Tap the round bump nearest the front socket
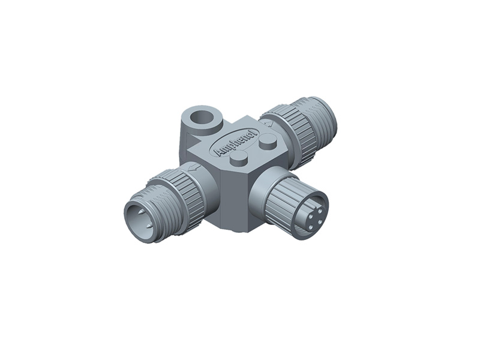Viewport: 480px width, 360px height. point(240,157)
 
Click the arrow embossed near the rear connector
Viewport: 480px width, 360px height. point(268,124)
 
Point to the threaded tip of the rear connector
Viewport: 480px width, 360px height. point(321,120)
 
